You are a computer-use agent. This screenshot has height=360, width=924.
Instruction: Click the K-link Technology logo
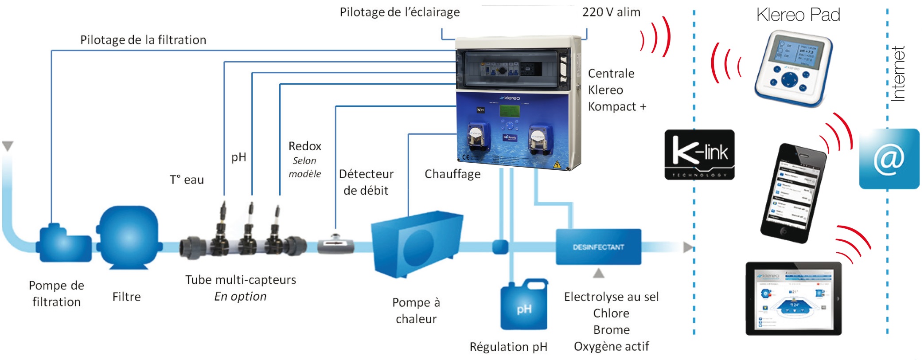click(x=699, y=154)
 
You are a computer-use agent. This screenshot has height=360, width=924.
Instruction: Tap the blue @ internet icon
click(x=889, y=159)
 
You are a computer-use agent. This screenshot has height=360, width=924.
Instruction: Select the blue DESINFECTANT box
click(x=598, y=247)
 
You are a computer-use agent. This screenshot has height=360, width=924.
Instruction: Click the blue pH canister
click(x=524, y=306)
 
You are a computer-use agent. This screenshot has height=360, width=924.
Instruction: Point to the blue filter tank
click(x=128, y=237)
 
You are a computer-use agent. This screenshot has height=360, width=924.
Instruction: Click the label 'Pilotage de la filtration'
click(x=143, y=40)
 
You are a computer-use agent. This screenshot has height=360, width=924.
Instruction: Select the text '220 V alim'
click(x=611, y=12)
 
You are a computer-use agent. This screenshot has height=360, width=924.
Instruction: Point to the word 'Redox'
click(x=304, y=146)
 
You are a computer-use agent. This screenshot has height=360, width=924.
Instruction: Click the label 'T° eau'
click(x=187, y=180)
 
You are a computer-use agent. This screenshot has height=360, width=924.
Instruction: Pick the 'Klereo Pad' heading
click(x=798, y=15)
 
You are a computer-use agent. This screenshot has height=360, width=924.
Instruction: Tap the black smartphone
click(x=793, y=193)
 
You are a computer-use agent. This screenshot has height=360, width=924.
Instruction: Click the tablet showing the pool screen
click(x=793, y=298)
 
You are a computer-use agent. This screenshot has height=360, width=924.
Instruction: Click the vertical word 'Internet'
click(x=898, y=74)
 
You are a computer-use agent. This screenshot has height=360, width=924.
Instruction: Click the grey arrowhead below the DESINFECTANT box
click(x=598, y=273)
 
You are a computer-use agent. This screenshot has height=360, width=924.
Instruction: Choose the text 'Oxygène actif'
click(x=611, y=346)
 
